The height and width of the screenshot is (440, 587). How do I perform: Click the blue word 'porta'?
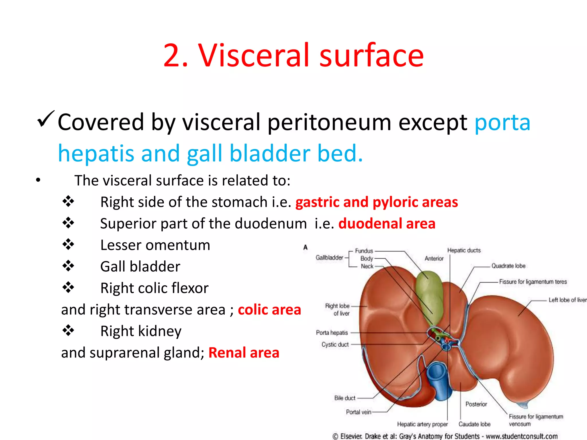(x=502, y=123)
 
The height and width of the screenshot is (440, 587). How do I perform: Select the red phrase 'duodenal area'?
(x=387, y=223)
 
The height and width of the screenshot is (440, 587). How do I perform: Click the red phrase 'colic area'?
(x=269, y=310)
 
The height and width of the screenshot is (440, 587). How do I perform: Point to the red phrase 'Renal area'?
(x=244, y=353)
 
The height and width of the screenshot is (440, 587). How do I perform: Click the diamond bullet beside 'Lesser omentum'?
(x=68, y=244)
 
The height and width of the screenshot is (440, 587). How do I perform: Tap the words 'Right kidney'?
(x=141, y=331)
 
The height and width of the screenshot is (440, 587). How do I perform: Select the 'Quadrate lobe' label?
(x=508, y=266)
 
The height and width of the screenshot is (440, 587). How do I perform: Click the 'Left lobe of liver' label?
(x=567, y=300)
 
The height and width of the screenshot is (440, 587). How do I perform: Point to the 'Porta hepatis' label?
(x=332, y=333)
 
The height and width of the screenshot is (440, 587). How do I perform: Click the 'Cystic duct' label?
(x=335, y=344)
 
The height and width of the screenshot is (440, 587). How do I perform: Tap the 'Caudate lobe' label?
(x=474, y=424)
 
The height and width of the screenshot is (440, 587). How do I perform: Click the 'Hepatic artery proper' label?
(x=422, y=424)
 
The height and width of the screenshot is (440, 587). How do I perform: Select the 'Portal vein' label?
(x=358, y=412)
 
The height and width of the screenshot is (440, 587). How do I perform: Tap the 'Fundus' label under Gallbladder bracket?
(x=364, y=251)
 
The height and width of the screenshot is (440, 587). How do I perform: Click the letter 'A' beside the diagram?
(x=305, y=247)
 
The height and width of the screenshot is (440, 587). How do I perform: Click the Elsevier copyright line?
(x=445, y=436)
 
